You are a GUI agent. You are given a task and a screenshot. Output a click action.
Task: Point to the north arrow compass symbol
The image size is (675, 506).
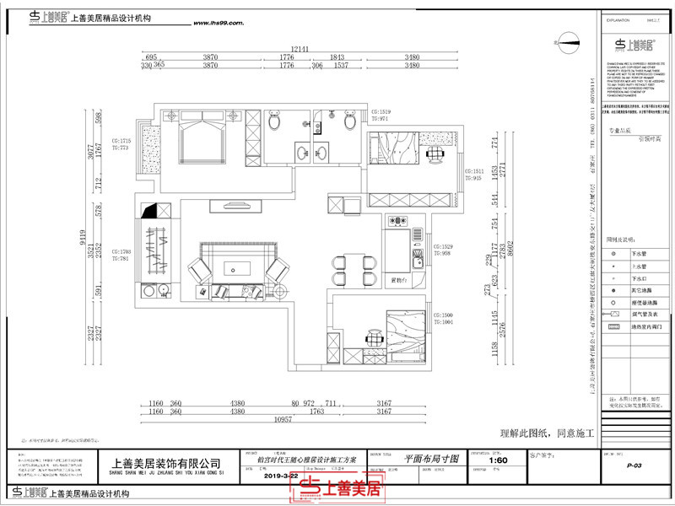[x=568, y=40]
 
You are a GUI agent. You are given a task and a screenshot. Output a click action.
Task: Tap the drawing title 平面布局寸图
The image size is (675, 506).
[x=431, y=459]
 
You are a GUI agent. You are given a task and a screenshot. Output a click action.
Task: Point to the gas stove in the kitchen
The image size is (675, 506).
[x=397, y=223]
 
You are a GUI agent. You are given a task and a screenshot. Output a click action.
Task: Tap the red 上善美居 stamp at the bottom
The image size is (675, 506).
[x=342, y=488]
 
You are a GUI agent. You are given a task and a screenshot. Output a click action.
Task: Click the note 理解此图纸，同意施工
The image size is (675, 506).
[x=548, y=433]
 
